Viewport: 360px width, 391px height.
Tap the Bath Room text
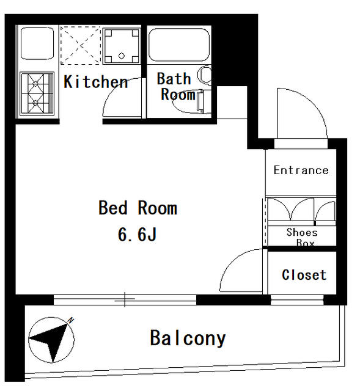(177, 86)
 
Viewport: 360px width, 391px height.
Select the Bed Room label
(138, 208)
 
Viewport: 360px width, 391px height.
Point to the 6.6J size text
(137, 235)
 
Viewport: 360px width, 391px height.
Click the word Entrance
(301, 170)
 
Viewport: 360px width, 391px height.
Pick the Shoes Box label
(302, 237)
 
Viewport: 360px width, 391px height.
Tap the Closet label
(304, 275)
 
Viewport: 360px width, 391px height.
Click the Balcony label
(188, 338)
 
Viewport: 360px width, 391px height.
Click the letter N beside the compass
(71, 320)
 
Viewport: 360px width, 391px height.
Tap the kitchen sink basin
(37, 43)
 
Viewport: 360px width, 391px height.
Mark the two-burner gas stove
(37, 93)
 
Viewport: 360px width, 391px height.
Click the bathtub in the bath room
(179, 45)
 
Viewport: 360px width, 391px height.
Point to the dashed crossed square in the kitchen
(80, 45)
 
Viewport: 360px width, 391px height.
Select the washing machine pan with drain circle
(121, 46)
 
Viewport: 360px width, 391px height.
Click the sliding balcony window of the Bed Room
(125, 299)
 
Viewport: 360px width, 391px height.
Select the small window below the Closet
(297, 300)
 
